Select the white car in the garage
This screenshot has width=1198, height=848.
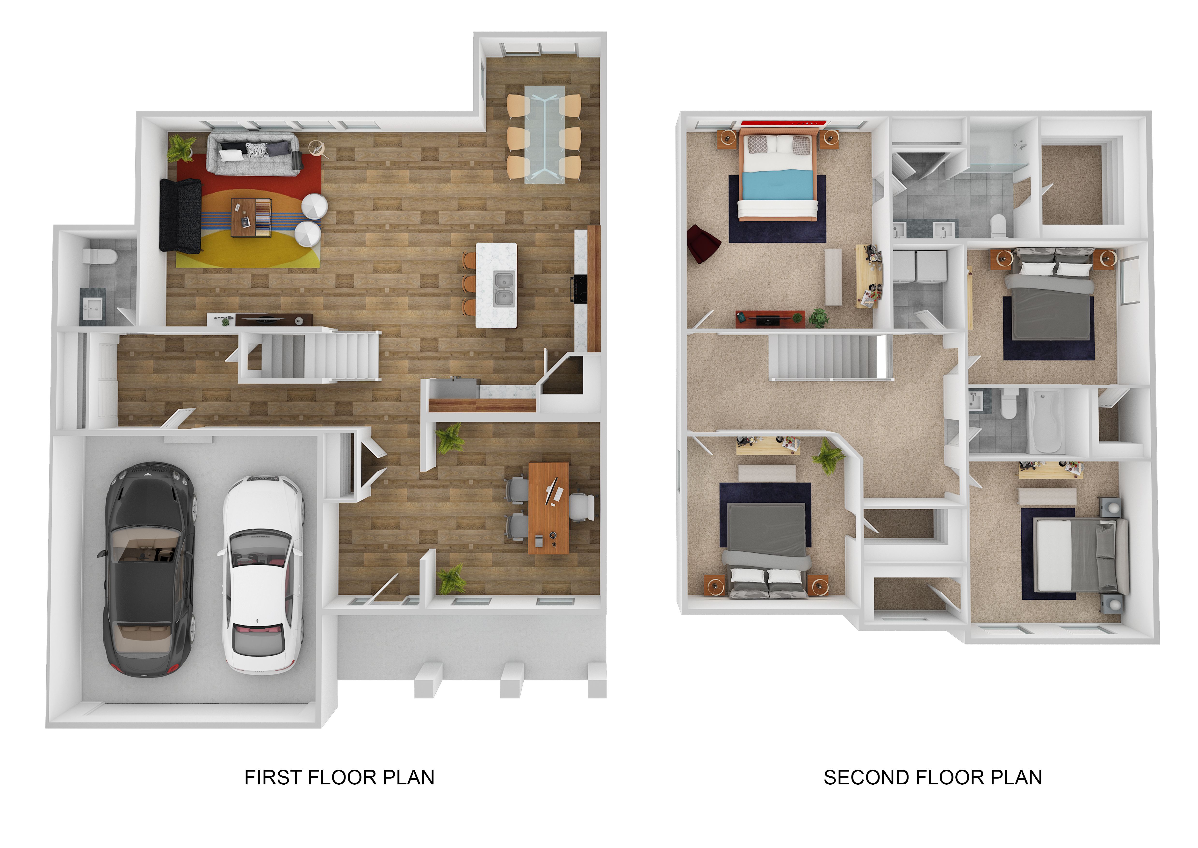262,574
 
